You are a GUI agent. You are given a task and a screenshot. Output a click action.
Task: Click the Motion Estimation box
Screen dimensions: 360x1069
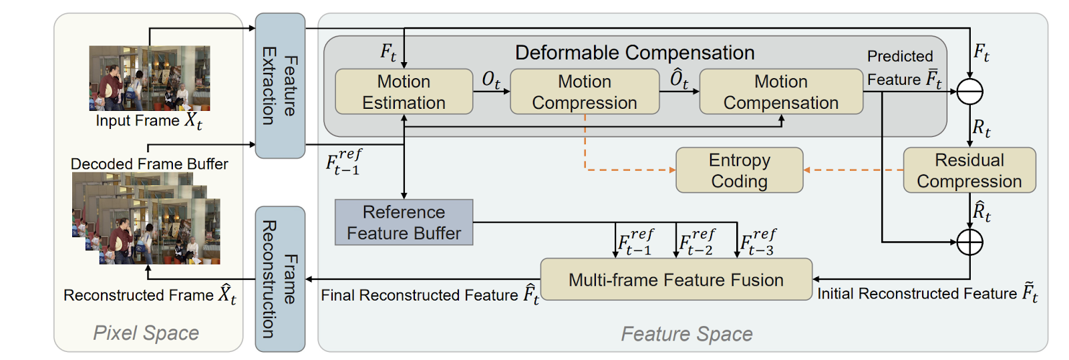coord(404,92)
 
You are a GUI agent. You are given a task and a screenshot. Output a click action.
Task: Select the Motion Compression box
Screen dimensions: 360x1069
coord(585,92)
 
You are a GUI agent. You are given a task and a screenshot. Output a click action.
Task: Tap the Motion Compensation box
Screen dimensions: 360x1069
coord(780,92)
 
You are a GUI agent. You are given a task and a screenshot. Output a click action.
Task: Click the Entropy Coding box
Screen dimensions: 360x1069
coord(739,170)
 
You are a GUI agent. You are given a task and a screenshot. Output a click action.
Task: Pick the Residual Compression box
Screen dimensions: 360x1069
coord(969,170)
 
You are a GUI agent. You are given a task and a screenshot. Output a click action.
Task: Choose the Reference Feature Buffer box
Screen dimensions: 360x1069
coord(404,222)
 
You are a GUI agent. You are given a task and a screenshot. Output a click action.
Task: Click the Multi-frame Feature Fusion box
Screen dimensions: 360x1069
coord(676,280)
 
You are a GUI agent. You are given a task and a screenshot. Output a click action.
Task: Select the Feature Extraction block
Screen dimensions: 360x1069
coord(280,85)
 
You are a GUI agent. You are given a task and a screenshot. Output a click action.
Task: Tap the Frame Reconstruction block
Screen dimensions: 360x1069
coord(280,279)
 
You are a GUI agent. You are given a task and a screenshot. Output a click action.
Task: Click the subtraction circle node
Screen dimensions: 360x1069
coord(969,92)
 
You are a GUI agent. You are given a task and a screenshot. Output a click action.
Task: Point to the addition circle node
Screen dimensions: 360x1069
coord(969,242)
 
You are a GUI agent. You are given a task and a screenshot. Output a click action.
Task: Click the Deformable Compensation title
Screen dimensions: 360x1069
coord(635,53)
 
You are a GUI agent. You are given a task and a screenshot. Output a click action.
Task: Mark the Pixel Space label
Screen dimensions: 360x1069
coord(146,333)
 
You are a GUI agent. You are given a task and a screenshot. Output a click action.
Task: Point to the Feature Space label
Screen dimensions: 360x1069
coord(687,334)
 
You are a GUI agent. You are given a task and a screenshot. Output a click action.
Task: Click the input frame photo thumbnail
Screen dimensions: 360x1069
coord(150,77)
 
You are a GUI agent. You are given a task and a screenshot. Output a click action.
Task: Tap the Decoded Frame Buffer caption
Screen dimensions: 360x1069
coord(149,164)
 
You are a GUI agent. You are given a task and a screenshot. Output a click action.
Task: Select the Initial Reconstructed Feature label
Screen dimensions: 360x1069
coord(927,294)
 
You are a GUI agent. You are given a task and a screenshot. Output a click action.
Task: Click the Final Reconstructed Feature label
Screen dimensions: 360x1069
coord(430,295)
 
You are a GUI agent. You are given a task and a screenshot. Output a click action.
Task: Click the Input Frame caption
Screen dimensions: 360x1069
coord(148,121)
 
